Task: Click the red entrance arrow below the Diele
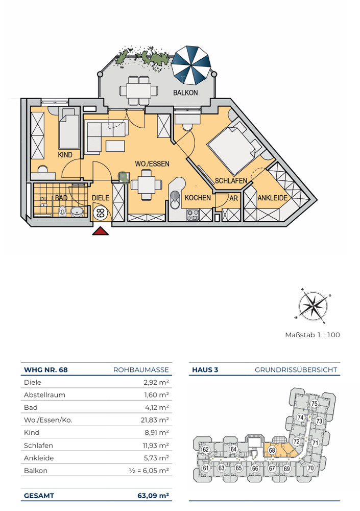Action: click(x=101, y=231)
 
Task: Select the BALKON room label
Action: click(x=185, y=92)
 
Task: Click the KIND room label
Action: click(x=65, y=154)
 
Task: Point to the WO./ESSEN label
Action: click(x=152, y=164)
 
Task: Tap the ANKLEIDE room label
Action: click(x=273, y=198)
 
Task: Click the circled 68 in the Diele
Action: click(x=101, y=213)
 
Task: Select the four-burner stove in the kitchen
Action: click(x=193, y=215)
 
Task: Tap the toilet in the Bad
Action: click(x=63, y=211)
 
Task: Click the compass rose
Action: click(x=313, y=306)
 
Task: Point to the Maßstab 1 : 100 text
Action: click(x=313, y=335)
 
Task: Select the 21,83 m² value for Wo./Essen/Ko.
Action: click(x=155, y=420)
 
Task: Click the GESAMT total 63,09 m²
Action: click(x=153, y=496)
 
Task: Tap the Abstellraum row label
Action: click(x=44, y=395)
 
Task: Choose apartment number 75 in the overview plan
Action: click(x=314, y=404)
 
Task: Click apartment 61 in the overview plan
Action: click(x=206, y=468)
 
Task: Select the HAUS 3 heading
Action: click(x=205, y=370)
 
